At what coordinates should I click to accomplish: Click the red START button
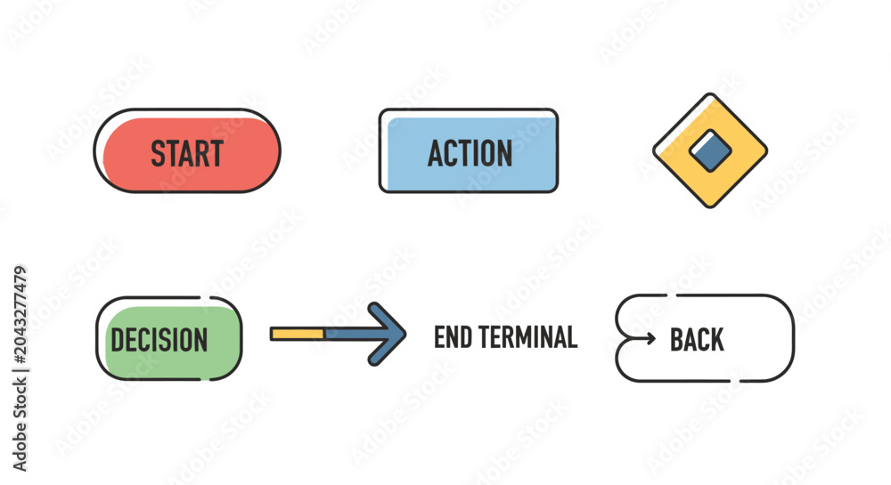(187, 151)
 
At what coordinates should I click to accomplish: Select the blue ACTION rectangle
(469, 151)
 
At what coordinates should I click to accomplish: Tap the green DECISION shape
(169, 339)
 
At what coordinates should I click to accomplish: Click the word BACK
(697, 340)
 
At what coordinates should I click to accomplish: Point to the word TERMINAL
(527, 337)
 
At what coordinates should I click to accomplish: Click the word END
(453, 337)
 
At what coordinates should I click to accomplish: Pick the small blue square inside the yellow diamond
(710, 150)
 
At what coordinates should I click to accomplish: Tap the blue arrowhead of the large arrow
(387, 334)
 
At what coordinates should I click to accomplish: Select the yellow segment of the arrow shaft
(298, 334)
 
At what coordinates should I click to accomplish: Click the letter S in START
(159, 153)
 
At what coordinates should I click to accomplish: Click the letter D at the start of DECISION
(118, 340)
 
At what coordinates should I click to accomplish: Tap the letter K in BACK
(716, 340)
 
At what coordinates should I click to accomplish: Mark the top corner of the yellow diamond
(710, 93)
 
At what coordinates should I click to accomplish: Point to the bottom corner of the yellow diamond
(710, 207)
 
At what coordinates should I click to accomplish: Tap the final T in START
(216, 153)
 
